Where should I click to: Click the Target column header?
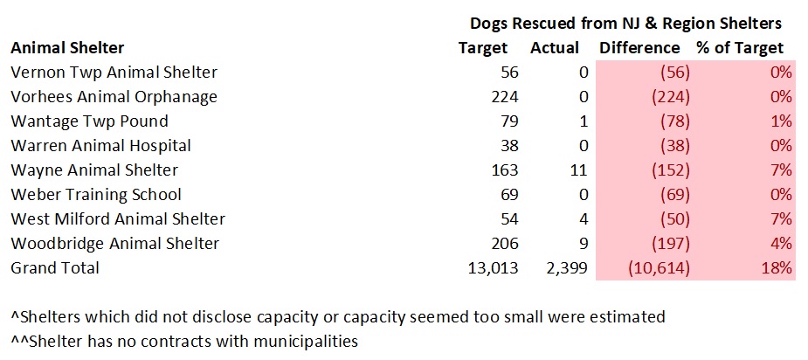[x=482, y=47]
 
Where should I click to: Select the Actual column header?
[x=555, y=47]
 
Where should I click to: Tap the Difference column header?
[x=639, y=47]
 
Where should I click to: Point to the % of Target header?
[x=740, y=47]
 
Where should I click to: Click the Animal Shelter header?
[x=67, y=47]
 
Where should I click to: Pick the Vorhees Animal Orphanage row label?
[x=114, y=96]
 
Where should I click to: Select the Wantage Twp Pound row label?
[x=89, y=121]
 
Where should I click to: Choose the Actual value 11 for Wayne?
[x=579, y=170]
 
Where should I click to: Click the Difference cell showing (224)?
[x=668, y=96]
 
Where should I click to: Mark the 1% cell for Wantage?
[x=782, y=121]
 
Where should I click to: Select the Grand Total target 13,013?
[x=491, y=267]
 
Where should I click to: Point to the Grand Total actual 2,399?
[x=566, y=267]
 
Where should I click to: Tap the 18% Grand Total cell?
[x=777, y=267]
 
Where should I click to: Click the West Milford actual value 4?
[x=584, y=218]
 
